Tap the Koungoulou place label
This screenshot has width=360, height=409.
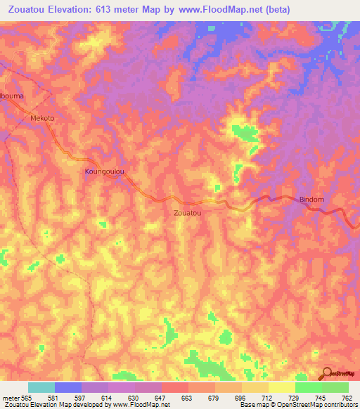(105, 171)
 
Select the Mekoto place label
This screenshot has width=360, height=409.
(42, 118)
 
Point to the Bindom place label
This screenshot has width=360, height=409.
(311, 200)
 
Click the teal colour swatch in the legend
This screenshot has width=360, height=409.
(41, 387)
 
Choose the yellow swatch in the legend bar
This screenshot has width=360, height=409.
(281, 387)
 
